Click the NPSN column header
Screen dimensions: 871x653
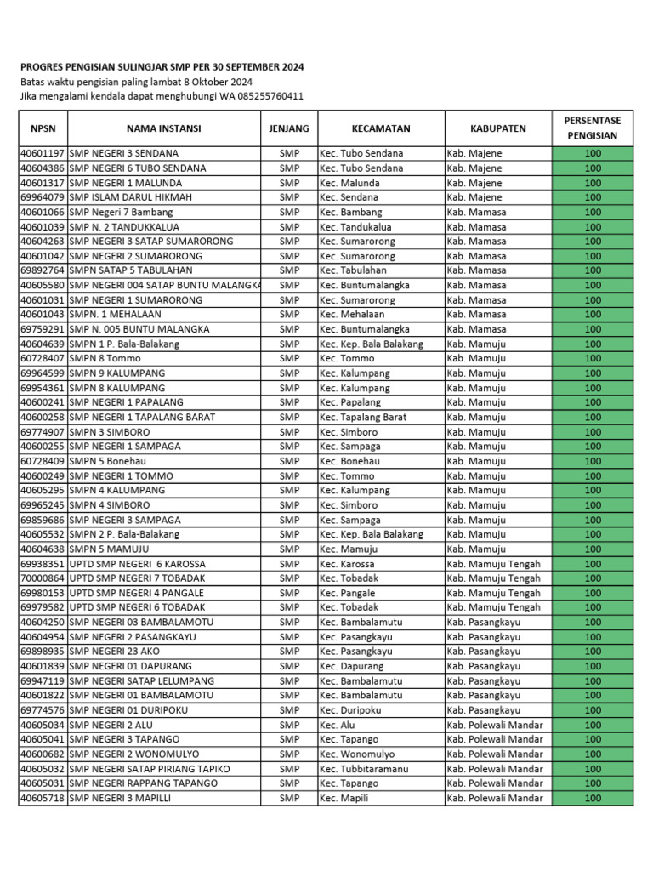coord(42,128)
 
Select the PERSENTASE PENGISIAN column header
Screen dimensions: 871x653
coord(593,128)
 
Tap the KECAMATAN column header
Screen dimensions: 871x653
coord(381,128)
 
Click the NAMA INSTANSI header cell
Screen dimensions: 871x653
coord(163,128)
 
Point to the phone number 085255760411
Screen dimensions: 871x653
coord(263,96)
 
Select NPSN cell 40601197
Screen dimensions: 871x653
coord(42,153)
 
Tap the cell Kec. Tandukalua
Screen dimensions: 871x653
coord(355,227)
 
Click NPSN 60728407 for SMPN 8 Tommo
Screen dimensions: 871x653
coord(42,359)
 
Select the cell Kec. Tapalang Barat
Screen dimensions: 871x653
coord(363,418)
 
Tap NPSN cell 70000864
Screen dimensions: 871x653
coord(42,578)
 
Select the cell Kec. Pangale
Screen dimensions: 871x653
coord(347,593)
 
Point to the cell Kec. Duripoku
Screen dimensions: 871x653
coord(350,710)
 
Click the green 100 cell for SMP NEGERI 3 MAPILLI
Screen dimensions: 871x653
coord(593,798)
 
